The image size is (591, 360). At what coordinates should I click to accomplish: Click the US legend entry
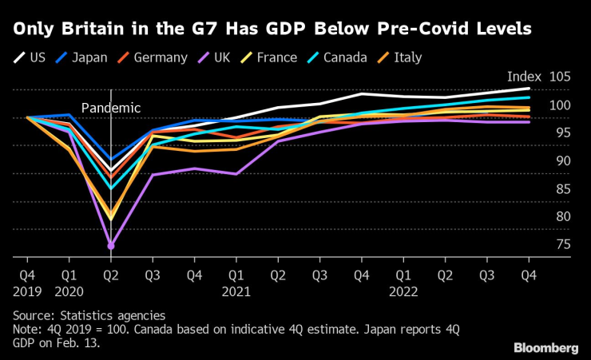click(x=30, y=57)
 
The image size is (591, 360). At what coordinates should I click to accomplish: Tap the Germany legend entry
click(x=153, y=57)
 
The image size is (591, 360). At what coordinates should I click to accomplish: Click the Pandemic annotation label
click(x=110, y=108)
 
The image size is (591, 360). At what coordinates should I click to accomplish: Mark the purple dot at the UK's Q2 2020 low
click(x=111, y=245)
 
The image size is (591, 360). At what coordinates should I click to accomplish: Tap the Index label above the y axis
click(x=524, y=77)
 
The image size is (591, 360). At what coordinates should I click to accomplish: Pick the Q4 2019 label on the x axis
click(x=27, y=283)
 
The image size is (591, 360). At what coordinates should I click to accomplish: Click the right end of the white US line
click(x=529, y=88)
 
